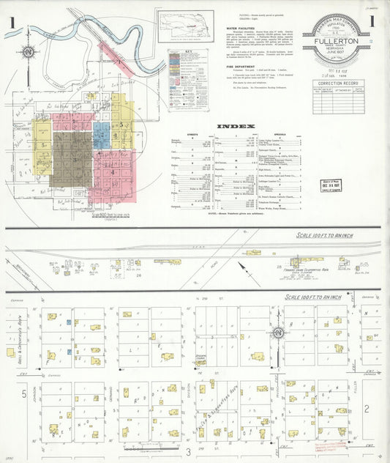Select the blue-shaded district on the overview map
[x=101, y=136]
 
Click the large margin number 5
[x=24, y=395]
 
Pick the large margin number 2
[x=365, y=407]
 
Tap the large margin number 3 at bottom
[x=188, y=451]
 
